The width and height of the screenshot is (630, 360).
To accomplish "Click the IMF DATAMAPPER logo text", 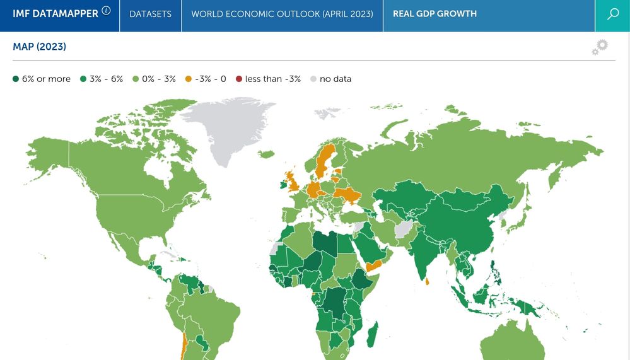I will tap(55, 14).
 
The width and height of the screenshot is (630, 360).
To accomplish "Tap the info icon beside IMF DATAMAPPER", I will tap(106, 11).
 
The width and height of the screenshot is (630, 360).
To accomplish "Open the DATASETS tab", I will tap(150, 14).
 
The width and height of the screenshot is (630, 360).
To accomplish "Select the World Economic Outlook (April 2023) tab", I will tap(282, 14).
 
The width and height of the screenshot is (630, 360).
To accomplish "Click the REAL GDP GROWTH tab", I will tap(435, 14).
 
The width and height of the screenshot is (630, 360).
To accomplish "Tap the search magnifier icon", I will tap(612, 15).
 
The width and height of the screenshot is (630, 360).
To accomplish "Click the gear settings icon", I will tap(600, 47).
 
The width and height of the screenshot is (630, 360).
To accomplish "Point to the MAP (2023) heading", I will tap(39, 47).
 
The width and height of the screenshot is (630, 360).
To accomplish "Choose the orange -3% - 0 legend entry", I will tap(206, 79).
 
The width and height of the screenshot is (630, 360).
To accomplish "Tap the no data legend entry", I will tap(330, 79).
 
